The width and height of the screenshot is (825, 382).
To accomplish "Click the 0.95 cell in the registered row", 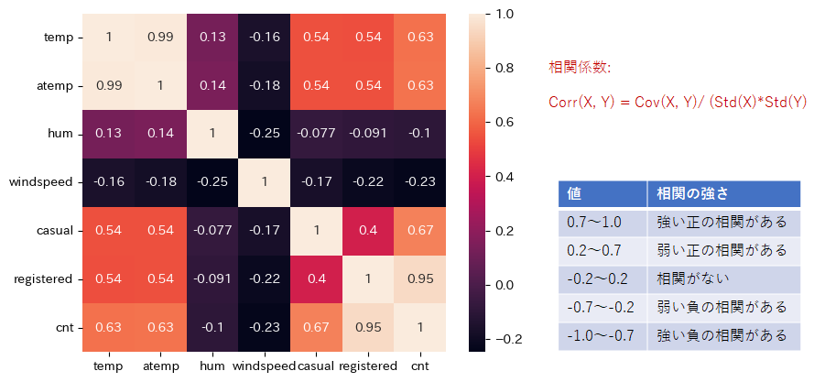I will point(420,278).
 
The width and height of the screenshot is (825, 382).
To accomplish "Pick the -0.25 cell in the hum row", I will point(265,134).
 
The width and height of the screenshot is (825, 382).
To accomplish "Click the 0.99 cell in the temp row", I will point(160,38).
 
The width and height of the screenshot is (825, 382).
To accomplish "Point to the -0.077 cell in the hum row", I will point(316,134).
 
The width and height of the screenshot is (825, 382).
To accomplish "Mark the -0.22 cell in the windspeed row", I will point(368,182).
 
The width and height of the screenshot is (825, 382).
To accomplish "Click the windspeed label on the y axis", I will point(40,182).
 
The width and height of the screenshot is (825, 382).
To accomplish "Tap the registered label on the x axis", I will point(367,366).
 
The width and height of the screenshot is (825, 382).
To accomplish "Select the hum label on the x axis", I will point(212,366).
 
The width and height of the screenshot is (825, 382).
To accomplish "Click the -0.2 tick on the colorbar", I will point(505,339).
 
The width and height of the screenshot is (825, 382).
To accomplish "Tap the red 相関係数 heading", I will point(579,68).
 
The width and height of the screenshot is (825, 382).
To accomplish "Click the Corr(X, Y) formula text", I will point(678,102).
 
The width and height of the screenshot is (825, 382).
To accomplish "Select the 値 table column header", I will point(575,194).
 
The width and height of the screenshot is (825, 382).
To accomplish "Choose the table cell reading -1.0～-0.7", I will point(601,335).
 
